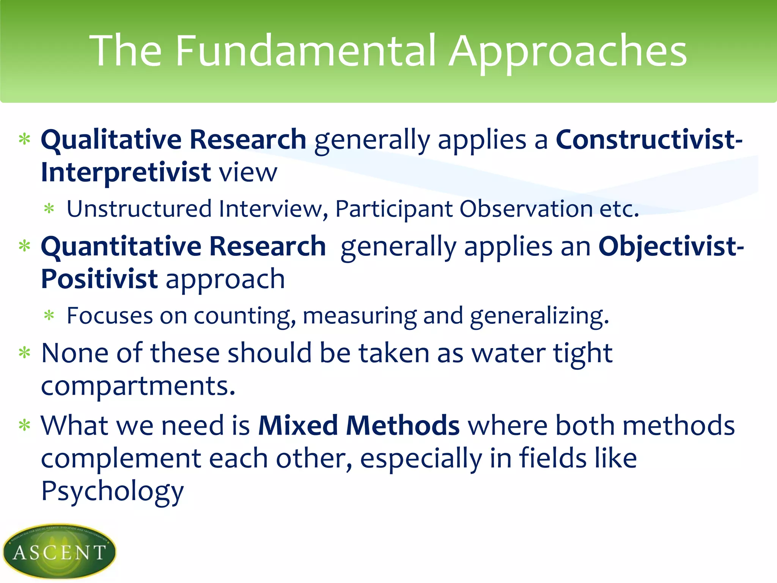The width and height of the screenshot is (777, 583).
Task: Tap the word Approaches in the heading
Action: point(568,51)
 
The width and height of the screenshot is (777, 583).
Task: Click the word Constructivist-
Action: point(649,140)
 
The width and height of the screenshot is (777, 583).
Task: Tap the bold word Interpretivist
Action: point(126,172)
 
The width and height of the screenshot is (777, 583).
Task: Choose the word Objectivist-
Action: point(671,247)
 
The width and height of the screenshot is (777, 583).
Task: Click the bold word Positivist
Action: point(99,279)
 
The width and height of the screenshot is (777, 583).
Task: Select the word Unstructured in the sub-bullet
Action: point(139,209)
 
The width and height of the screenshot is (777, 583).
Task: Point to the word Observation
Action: point(526,209)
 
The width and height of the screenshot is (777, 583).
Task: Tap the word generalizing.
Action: point(539,316)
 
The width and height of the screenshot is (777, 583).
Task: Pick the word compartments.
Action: point(138,386)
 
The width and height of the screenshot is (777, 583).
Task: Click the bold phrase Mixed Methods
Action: point(359,425)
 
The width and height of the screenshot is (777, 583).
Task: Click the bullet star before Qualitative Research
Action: point(25,140)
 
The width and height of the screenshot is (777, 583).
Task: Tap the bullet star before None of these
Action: point(25,353)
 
